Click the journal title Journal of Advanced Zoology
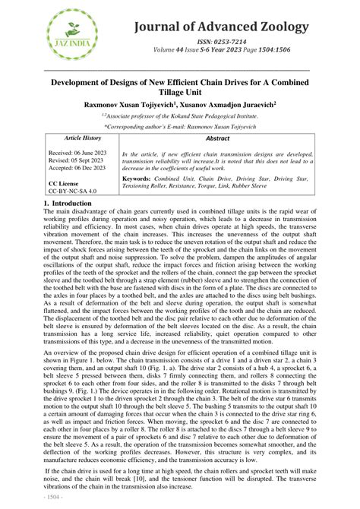click(x=221, y=27)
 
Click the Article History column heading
click(x=83, y=138)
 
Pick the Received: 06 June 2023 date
click(x=78, y=153)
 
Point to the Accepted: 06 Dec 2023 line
click(x=80, y=169)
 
